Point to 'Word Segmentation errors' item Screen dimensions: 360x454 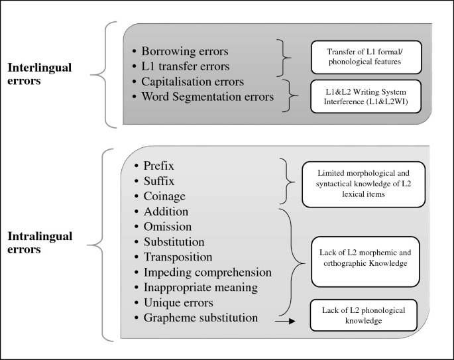(x=207, y=97)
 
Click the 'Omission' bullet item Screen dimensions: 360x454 (x=168, y=227)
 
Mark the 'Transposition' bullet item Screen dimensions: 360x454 (x=178, y=257)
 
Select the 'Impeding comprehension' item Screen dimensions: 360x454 (x=207, y=272)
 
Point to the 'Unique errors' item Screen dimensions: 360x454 (x=178, y=303)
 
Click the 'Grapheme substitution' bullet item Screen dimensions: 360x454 (x=201, y=318)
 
